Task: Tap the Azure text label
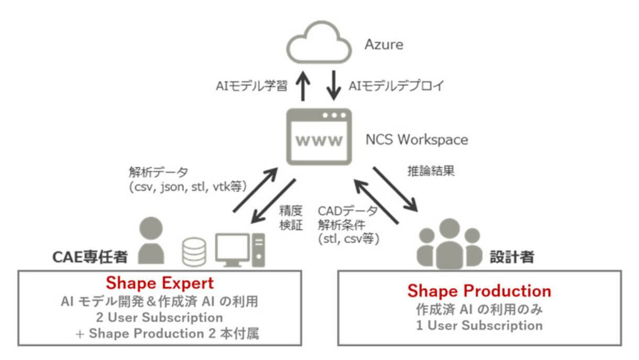[x=384, y=45]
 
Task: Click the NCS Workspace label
[x=416, y=140]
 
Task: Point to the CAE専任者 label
[x=90, y=257]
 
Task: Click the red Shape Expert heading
[x=160, y=283]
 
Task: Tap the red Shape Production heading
[x=479, y=291]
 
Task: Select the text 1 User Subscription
[x=479, y=325]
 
